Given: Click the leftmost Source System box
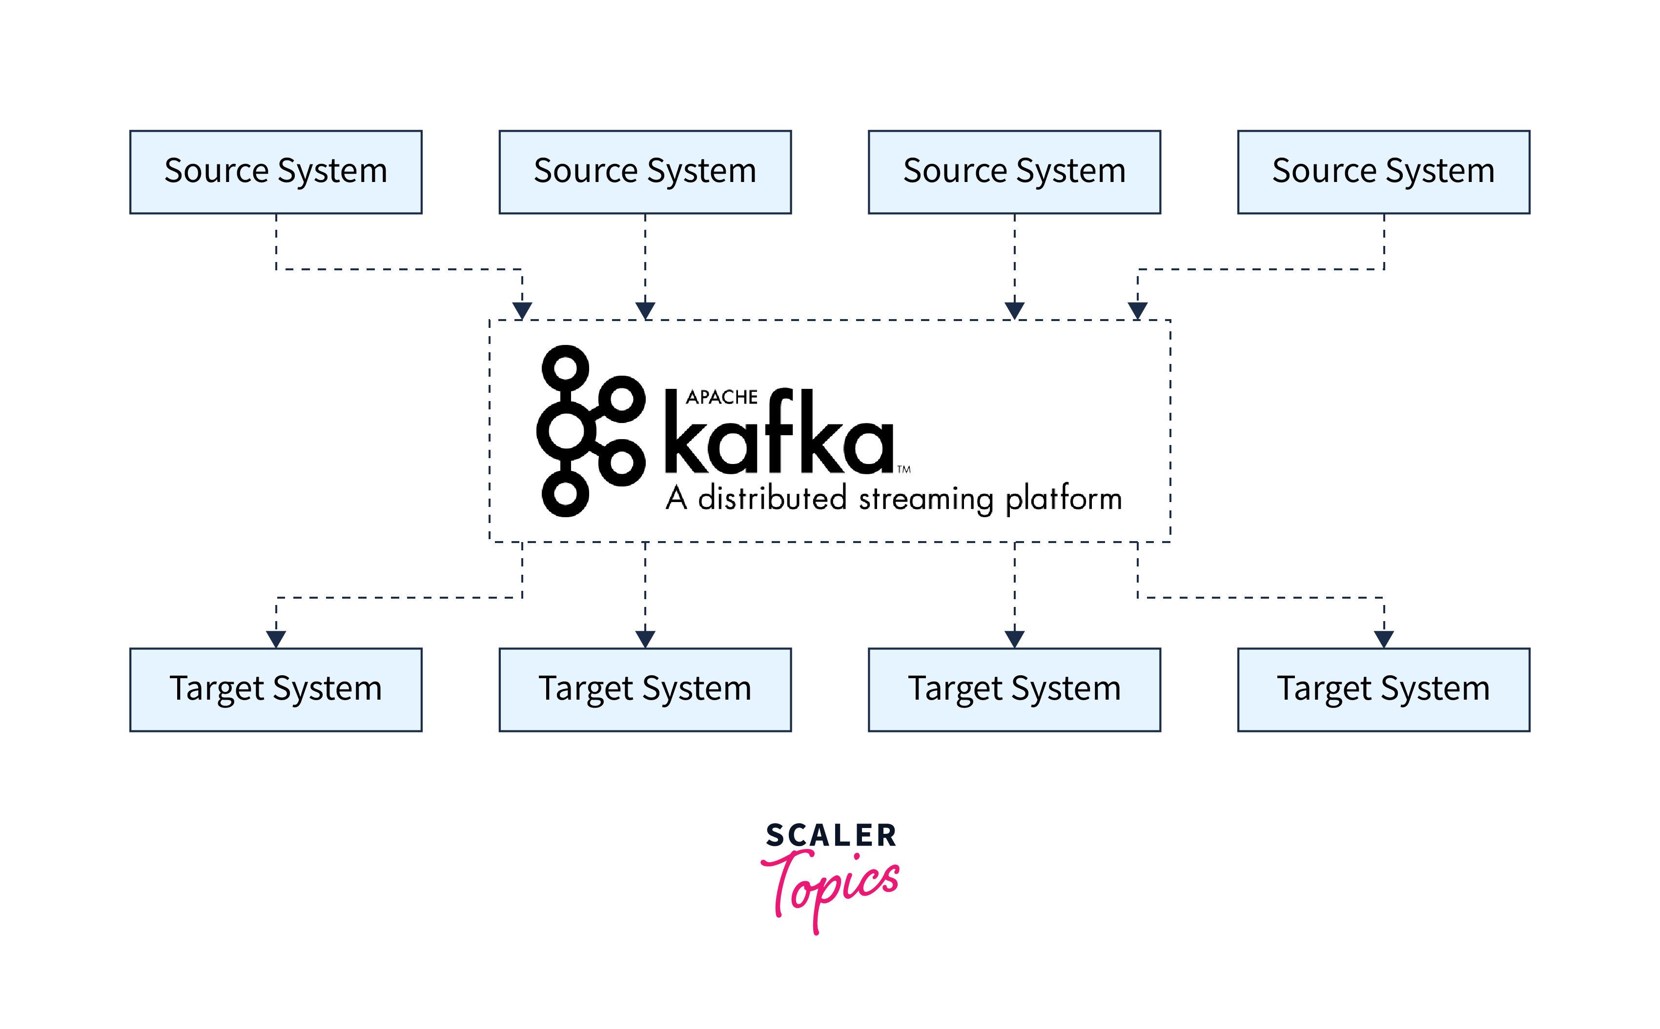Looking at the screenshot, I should click(x=276, y=172).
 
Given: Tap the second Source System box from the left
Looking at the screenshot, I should click(x=645, y=172).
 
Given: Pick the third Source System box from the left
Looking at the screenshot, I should click(x=1014, y=172).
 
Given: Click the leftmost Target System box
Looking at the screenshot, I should click(x=276, y=689).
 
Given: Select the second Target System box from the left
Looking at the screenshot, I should click(x=645, y=689).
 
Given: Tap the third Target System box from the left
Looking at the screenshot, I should click(x=1014, y=689).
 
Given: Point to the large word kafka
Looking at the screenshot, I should click(x=778, y=436).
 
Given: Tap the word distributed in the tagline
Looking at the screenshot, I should click(x=773, y=498).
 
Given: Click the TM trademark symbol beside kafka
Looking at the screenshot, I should click(x=904, y=469).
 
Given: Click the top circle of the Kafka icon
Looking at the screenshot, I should click(x=565, y=369).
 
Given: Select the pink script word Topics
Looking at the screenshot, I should click(x=831, y=885).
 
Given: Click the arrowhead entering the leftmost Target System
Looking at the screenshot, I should click(x=276, y=639).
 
